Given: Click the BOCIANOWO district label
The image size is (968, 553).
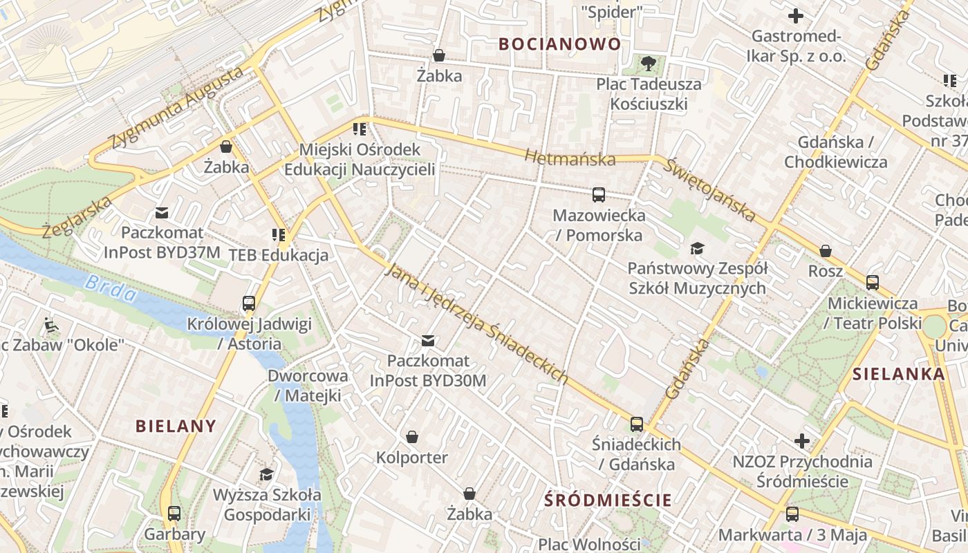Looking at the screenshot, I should [x=559, y=44].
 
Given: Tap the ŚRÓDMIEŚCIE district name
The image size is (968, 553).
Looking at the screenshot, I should [x=608, y=500].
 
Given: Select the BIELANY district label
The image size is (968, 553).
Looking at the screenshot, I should [x=176, y=426].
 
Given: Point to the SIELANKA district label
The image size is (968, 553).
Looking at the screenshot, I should [x=898, y=374].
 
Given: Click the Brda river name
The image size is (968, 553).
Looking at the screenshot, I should [x=111, y=288].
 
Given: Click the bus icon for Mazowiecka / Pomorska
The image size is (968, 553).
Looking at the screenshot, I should [x=599, y=195].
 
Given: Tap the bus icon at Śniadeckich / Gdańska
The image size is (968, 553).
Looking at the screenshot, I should [x=637, y=424].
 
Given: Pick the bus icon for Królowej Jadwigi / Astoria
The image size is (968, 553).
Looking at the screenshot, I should [x=249, y=303].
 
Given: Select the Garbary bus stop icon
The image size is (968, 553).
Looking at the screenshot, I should [x=174, y=514].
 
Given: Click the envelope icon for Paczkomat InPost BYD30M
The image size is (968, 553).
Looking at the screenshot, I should [x=428, y=340].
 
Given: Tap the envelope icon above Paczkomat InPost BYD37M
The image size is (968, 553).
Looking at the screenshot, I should [x=162, y=212].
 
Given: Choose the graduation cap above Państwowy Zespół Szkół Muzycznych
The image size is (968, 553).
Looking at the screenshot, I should [x=697, y=248].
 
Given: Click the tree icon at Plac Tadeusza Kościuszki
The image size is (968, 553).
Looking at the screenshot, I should [x=648, y=64].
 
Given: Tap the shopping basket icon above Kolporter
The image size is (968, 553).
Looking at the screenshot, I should [x=412, y=437].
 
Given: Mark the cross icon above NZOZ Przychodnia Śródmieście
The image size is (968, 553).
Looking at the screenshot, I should [x=801, y=440].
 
